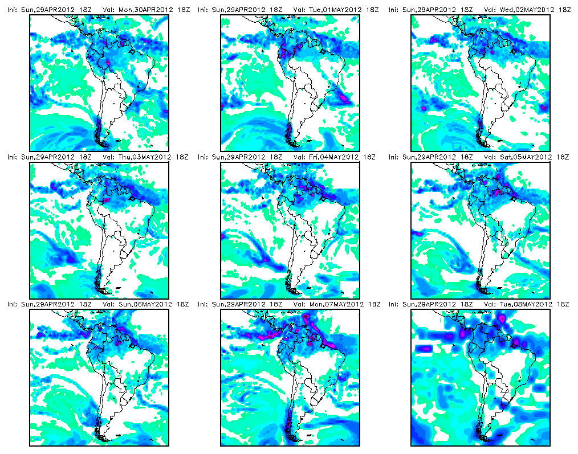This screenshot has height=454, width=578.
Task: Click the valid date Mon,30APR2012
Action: pos(145,10)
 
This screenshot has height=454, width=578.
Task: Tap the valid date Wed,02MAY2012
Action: pos(527,10)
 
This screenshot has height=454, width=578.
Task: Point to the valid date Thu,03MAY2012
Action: pos(145,157)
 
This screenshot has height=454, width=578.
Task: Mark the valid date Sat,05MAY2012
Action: pos(526,157)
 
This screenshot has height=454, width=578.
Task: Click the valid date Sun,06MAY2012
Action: pos(145,304)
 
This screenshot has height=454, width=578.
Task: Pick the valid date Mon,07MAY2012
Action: pos(336,304)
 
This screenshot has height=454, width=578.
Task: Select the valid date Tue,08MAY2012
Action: pos(526,304)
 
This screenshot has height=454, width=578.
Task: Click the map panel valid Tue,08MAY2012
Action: pos(481,378)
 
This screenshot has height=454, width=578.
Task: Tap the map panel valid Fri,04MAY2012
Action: pos(290,230)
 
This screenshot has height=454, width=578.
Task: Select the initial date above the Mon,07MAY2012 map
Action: pos(238,304)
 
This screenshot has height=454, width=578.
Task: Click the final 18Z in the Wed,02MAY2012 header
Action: pos(564,10)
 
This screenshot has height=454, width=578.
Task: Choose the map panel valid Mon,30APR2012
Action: pos(99,83)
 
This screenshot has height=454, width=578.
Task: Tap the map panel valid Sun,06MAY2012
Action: pos(99,378)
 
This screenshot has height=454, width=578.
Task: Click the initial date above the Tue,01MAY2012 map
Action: pos(238,10)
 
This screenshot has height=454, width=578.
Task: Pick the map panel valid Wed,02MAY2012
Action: pos(481,83)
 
